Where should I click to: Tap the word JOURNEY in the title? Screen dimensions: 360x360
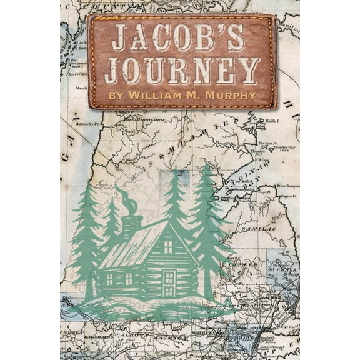tap(182, 70)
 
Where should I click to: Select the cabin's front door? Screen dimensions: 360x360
tap(169, 283)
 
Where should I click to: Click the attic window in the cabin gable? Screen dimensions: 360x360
tap(168, 246)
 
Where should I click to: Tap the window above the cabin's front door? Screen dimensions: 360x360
tap(169, 276)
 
